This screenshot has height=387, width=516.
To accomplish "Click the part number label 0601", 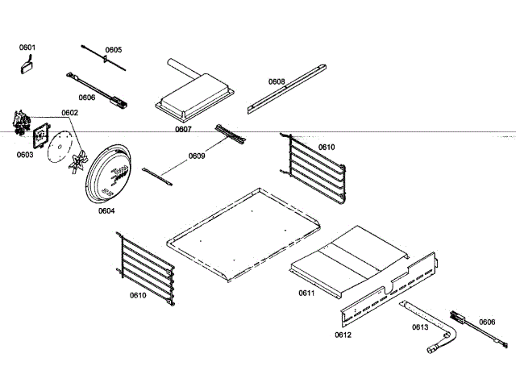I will click(27, 48).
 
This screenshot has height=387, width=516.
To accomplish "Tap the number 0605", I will click(113, 50).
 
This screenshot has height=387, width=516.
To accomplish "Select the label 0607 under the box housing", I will click(183, 129).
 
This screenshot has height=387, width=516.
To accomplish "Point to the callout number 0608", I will click(277, 81).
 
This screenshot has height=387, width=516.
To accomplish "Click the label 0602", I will click(69, 113).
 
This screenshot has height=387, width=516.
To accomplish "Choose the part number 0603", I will click(24, 154).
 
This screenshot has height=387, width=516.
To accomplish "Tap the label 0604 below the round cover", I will click(106, 210).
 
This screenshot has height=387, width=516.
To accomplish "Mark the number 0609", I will click(197, 156).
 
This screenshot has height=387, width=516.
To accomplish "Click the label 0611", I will click(306, 293).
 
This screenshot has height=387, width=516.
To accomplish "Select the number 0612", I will click(343, 333).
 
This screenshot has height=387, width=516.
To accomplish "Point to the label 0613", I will click(419, 327).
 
